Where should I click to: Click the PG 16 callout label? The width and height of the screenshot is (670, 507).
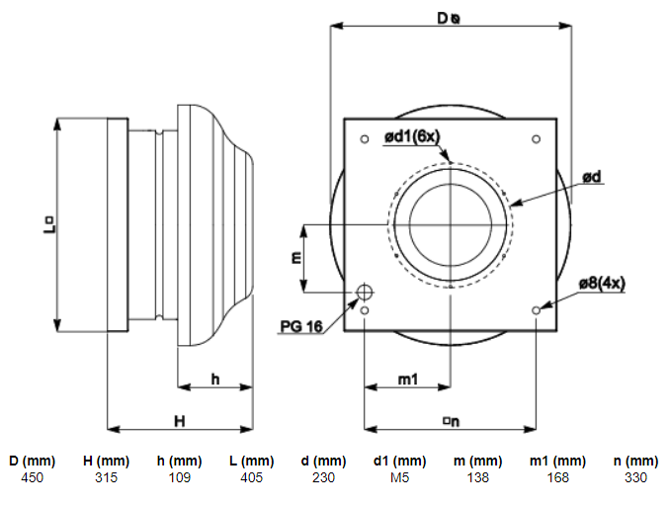tap(301, 326)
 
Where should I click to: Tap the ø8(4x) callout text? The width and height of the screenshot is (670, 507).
tap(602, 283)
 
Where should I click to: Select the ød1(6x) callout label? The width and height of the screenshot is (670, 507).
tap(412, 136)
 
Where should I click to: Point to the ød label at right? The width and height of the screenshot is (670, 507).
tap(592, 177)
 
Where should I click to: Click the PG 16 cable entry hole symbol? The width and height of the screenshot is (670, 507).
tap(364, 293)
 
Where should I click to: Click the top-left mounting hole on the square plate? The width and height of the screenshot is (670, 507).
tap(365, 139)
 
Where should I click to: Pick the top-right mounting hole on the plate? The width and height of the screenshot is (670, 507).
tap(537, 139)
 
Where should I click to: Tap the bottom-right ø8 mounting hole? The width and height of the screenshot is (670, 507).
tap(537, 310)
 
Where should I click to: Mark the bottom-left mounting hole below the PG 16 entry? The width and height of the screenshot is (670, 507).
tap(365, 310)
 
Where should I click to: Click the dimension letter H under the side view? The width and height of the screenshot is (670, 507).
tap(180, 421)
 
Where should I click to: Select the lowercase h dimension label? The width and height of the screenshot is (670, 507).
tap(215, 380)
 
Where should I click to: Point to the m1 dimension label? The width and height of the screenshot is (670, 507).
tap(408, 380)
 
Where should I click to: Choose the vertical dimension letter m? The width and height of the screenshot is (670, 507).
tap(296, 258)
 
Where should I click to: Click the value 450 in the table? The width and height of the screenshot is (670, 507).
tap(32, 477)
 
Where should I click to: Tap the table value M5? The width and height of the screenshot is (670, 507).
tap(399, 477)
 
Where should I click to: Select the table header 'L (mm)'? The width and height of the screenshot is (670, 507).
tap(252, 461)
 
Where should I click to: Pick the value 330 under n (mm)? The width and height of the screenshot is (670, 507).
tap(635, 477)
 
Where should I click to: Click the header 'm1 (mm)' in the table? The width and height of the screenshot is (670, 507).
tap(557, 461)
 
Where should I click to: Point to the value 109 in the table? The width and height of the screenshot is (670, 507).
tap(180, 477)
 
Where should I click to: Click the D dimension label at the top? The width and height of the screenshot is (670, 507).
tap(449, 18)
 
